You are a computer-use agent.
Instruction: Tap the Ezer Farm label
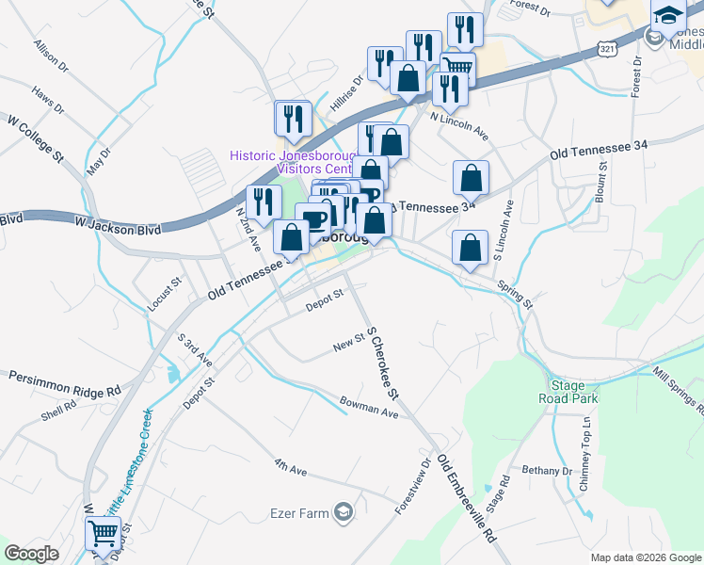coord(303,513)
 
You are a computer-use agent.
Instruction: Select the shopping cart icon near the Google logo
coord(103,535)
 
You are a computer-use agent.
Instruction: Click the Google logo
coord(32,554)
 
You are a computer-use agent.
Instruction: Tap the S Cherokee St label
coord(384,363)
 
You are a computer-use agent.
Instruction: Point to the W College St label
coord(34,137)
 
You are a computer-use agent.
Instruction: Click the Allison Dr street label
coord(51,56)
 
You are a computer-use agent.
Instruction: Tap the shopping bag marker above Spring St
coord(470,248)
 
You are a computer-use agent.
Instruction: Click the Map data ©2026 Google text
coord(645,557)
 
